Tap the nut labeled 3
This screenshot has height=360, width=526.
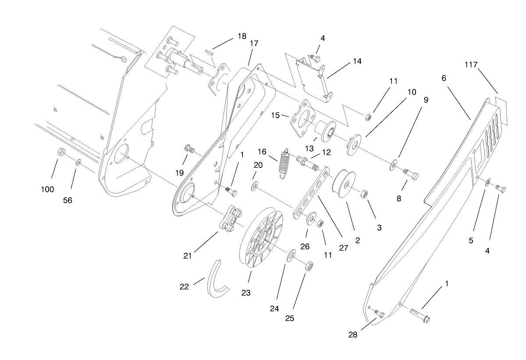pos(363,193)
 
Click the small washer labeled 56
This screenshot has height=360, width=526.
pos(78,163)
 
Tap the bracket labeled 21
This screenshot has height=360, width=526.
pos(232,218)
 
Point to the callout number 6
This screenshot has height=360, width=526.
pos(444,78)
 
